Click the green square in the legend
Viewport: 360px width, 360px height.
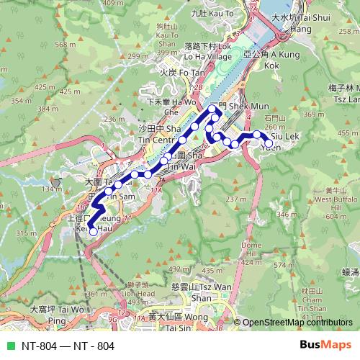click(9, 346)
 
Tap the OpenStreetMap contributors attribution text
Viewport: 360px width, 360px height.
click(297, 323)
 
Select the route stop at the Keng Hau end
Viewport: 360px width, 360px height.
click(92, 231)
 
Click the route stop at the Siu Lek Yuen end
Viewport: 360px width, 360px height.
click(269, 144)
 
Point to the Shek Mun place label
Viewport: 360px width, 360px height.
click(235, 107)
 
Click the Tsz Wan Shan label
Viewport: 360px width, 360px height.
click(212, 292)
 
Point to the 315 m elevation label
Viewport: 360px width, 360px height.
click(25, 233)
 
